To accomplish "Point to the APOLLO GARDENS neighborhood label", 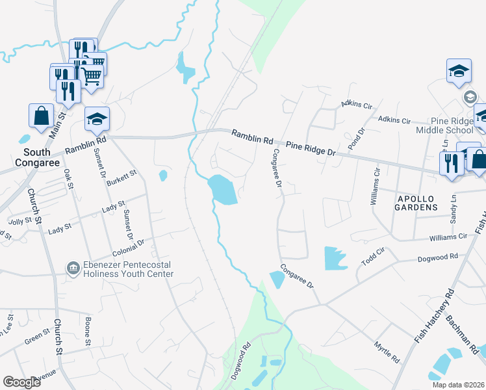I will (416, 207).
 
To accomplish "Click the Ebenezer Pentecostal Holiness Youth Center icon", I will (73, 267).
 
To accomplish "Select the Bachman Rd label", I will (461, 335).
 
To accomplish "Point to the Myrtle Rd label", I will (387, 352).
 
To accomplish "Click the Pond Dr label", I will (357, 136).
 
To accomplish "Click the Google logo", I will (21, 382).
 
